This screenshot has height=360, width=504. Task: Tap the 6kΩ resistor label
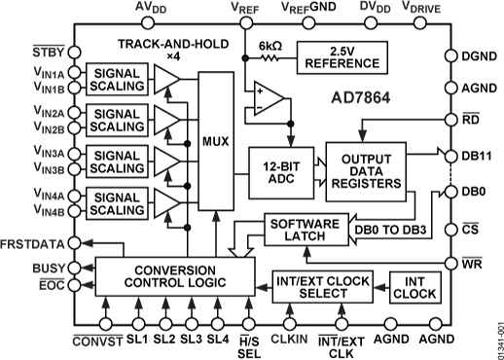point(270,45)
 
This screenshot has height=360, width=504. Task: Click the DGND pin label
point(480,57)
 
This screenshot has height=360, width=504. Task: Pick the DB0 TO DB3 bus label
point(389,230)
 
